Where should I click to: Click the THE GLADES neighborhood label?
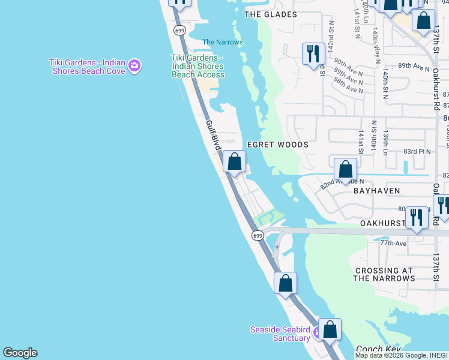click(271, 14)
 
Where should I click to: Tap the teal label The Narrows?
click(223, 42)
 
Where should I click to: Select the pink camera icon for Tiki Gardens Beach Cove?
click(134, 65)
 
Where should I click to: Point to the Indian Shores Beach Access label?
click(197, 66)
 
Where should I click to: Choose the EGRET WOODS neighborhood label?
click(278, 145)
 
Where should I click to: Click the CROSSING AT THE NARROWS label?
click(384, 274)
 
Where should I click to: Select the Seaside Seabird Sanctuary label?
click(280, 334)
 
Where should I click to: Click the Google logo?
click(20, 353)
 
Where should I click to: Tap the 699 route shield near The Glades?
click(179, 30)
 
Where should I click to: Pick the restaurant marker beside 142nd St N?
click(313, 54)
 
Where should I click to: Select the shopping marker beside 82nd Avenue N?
click(345, 170)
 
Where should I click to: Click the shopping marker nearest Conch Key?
click(330, 329)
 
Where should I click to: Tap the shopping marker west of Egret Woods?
click(234, 161)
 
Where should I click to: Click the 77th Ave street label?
click(393, 243)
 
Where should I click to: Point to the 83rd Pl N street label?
click(417, 151)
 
